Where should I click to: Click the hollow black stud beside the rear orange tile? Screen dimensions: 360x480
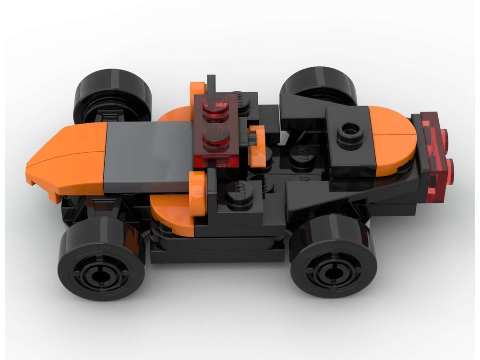[350, 130]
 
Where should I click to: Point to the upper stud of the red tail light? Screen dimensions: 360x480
[444, 137]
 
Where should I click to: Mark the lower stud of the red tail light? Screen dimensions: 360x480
[451, 168]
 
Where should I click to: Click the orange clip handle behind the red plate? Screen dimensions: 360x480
[258, 144]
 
